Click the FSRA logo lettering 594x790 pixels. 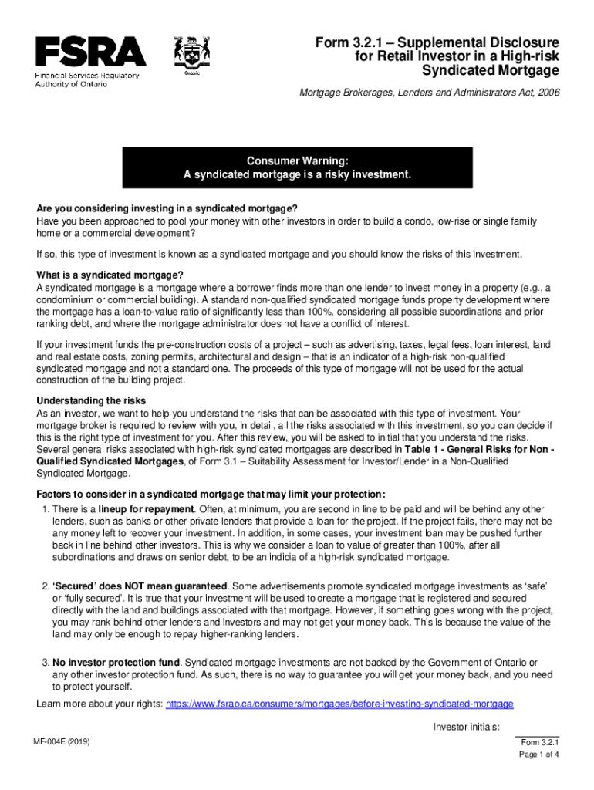(90, 52)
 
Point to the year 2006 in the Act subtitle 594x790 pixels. (546, 93)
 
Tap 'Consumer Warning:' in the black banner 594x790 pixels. (297, 160)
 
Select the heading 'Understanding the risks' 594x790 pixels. (91, 401)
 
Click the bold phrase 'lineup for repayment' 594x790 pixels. (147, 509)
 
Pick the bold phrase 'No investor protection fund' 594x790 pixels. (116, 663)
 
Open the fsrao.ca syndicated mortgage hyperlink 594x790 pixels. (339, 704)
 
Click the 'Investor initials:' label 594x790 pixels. (467, 727)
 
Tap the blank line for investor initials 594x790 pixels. (538, 734)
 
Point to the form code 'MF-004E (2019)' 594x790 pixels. (68, 742)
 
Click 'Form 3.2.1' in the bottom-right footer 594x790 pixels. (540, 742)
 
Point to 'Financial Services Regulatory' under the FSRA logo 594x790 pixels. (86, 76)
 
